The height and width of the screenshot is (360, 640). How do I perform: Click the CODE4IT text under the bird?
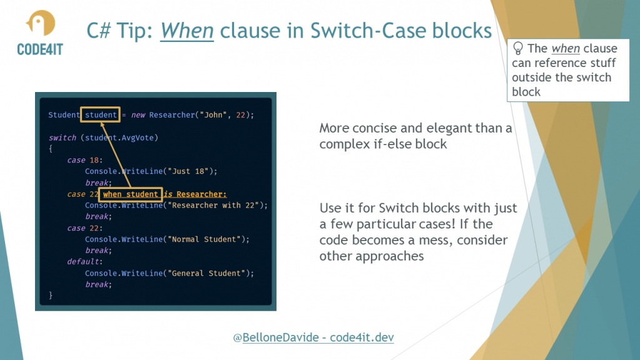(x=41, y=50)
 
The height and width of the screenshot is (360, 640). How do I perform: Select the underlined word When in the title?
(x=187, y=30)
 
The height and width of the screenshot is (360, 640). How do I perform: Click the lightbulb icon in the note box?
(x=518, y=48)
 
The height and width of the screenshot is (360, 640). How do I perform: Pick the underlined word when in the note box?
(x=566, y=48)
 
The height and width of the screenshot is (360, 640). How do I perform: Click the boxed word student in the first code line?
(x=101, y=115)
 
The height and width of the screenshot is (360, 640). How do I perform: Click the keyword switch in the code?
(x=62, y=138)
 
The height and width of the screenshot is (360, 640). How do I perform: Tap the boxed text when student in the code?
(x=130, y=194)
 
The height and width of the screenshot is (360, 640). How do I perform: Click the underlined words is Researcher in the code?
(x=195, y=194)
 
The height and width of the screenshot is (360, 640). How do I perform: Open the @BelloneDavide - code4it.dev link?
(x=313, y=337)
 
